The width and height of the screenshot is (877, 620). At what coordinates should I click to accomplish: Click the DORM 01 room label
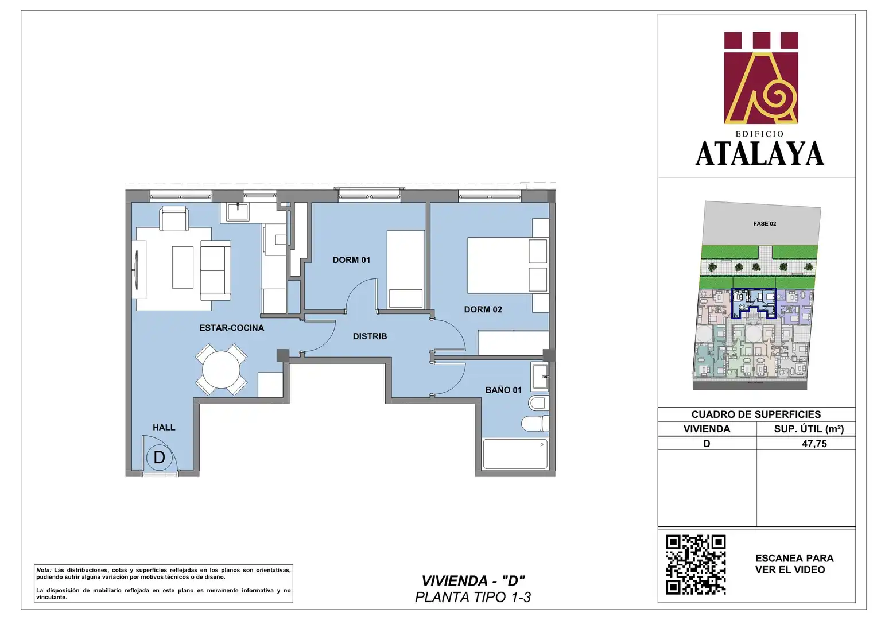coord(351,260)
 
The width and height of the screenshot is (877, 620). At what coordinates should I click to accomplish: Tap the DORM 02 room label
coord(483,309)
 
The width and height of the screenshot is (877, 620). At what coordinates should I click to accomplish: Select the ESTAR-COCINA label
coord(232,328)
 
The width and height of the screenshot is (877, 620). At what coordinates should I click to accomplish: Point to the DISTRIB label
coord(370,336)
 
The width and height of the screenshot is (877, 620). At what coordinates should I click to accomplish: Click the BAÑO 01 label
coord(503,390)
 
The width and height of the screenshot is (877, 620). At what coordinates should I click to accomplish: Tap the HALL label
coord(164,427)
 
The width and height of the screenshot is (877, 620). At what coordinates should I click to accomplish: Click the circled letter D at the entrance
coord(159,458)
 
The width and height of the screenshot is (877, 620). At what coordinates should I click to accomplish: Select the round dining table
coord(221,370)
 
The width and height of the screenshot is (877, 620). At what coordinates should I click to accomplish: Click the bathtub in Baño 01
coord(515,454)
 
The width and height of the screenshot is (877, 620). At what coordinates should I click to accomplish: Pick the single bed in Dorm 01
coord(406,269)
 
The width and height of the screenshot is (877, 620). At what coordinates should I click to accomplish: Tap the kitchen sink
coord(238,212)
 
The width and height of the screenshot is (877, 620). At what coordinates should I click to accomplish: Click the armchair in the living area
coord(174,219)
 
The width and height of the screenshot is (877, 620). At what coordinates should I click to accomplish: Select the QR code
coord(696,564)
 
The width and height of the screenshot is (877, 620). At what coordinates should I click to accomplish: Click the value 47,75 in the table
coord(814,444)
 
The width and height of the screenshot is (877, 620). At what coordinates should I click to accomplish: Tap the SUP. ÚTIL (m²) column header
coord(809,429)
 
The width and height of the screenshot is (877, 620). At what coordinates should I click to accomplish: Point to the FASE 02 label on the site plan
coord(765,224)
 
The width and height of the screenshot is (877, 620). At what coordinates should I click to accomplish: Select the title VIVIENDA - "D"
coord(473,580)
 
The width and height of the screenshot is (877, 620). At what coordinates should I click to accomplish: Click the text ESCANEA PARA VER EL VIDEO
coord(794,564)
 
